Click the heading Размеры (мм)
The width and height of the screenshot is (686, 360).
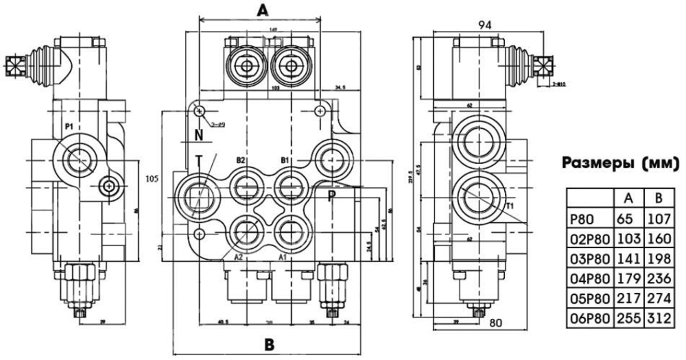pyautogui.click(x=621, y=163)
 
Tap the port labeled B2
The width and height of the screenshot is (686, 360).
pyautogui.click(x=241, y=160)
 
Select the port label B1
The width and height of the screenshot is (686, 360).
pyautogui.click(x=285, y=160)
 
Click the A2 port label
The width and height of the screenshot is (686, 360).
pyautogui.click(x=239, y=258)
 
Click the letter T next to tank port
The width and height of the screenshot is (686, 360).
pyautogui.click(x=198, y=160)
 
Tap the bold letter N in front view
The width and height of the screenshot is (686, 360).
pyautogui.click(x=198, y=133)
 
